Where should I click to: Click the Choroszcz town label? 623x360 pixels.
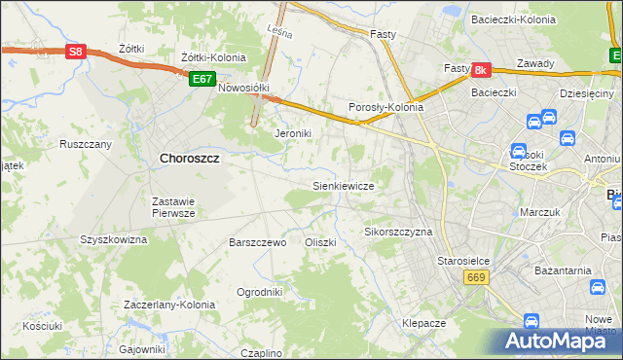(x=188, y=158)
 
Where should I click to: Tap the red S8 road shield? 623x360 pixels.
(x=76, y=53)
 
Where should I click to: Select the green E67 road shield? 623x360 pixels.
(x=202, y=78)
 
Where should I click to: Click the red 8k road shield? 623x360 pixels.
(x=480, y=70)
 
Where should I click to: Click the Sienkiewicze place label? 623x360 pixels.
(x=343, y=184)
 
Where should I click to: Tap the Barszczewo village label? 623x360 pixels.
(x=257, y=242)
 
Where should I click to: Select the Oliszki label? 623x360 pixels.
(x=320, y=242)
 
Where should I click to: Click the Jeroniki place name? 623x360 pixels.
(x=292, y=133)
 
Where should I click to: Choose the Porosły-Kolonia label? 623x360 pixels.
(x=385, y=108)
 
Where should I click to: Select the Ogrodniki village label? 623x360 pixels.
(x=260, y=291)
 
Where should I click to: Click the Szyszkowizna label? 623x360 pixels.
(x=113, y=238)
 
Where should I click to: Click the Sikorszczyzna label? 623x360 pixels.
(x=398, y=233)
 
